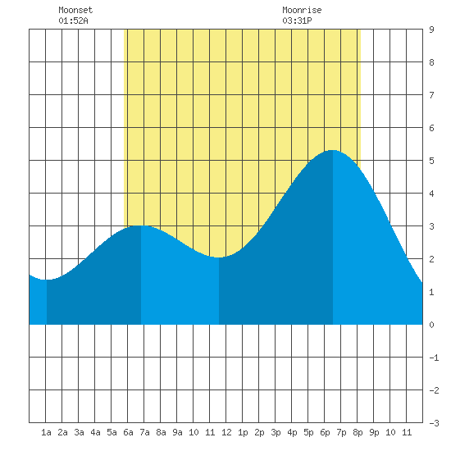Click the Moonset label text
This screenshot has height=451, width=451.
click(x=75, y=10)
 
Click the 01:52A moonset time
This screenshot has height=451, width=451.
click(x=73, y=20)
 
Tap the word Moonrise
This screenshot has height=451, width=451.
click(x=302, y=10)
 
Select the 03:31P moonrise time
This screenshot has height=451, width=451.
click(x=297, y=20)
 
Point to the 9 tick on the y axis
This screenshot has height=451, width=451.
click(x=431, y=30)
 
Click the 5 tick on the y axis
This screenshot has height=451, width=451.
click(x=431, y=161)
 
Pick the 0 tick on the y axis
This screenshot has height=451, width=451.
click(x=431, y=325)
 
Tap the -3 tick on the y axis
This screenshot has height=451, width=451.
click(x=434, y=423)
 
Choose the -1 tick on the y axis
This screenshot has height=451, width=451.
click(x=434, y=358)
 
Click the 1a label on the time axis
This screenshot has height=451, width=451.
click(x=46, y=432)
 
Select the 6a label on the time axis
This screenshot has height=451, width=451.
click(x=128, y=432)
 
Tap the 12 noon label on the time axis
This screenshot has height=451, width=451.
click(x=226, y=432)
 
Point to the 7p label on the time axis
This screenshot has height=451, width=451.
click(x=341, y=432)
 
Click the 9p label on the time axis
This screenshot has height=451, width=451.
click(x=374, y=432)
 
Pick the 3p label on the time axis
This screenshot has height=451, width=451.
click(x=276, y=432)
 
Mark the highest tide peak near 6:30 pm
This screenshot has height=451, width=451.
click(x=333, y=150)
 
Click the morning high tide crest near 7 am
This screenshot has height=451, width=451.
click(x=141, y=225)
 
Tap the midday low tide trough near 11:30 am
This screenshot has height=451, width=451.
click(x=219, y=257)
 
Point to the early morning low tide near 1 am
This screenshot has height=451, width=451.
click(x=47, y=280)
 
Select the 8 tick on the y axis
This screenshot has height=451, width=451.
click(x=431, y=62)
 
